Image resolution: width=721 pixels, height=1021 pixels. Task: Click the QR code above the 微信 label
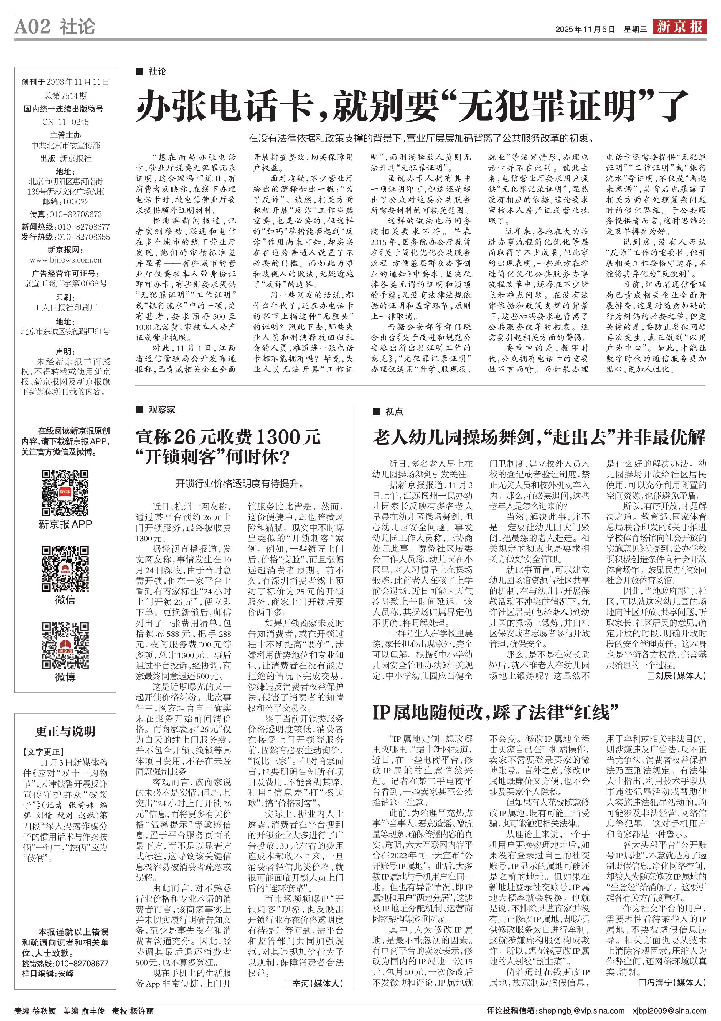coord(65,569)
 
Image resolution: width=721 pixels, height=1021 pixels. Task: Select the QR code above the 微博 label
coord(65,646)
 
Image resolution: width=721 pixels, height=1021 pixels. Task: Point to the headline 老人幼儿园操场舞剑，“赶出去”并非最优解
coord(539,437)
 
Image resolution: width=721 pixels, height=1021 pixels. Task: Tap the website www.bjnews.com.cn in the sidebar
coord(65,260)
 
